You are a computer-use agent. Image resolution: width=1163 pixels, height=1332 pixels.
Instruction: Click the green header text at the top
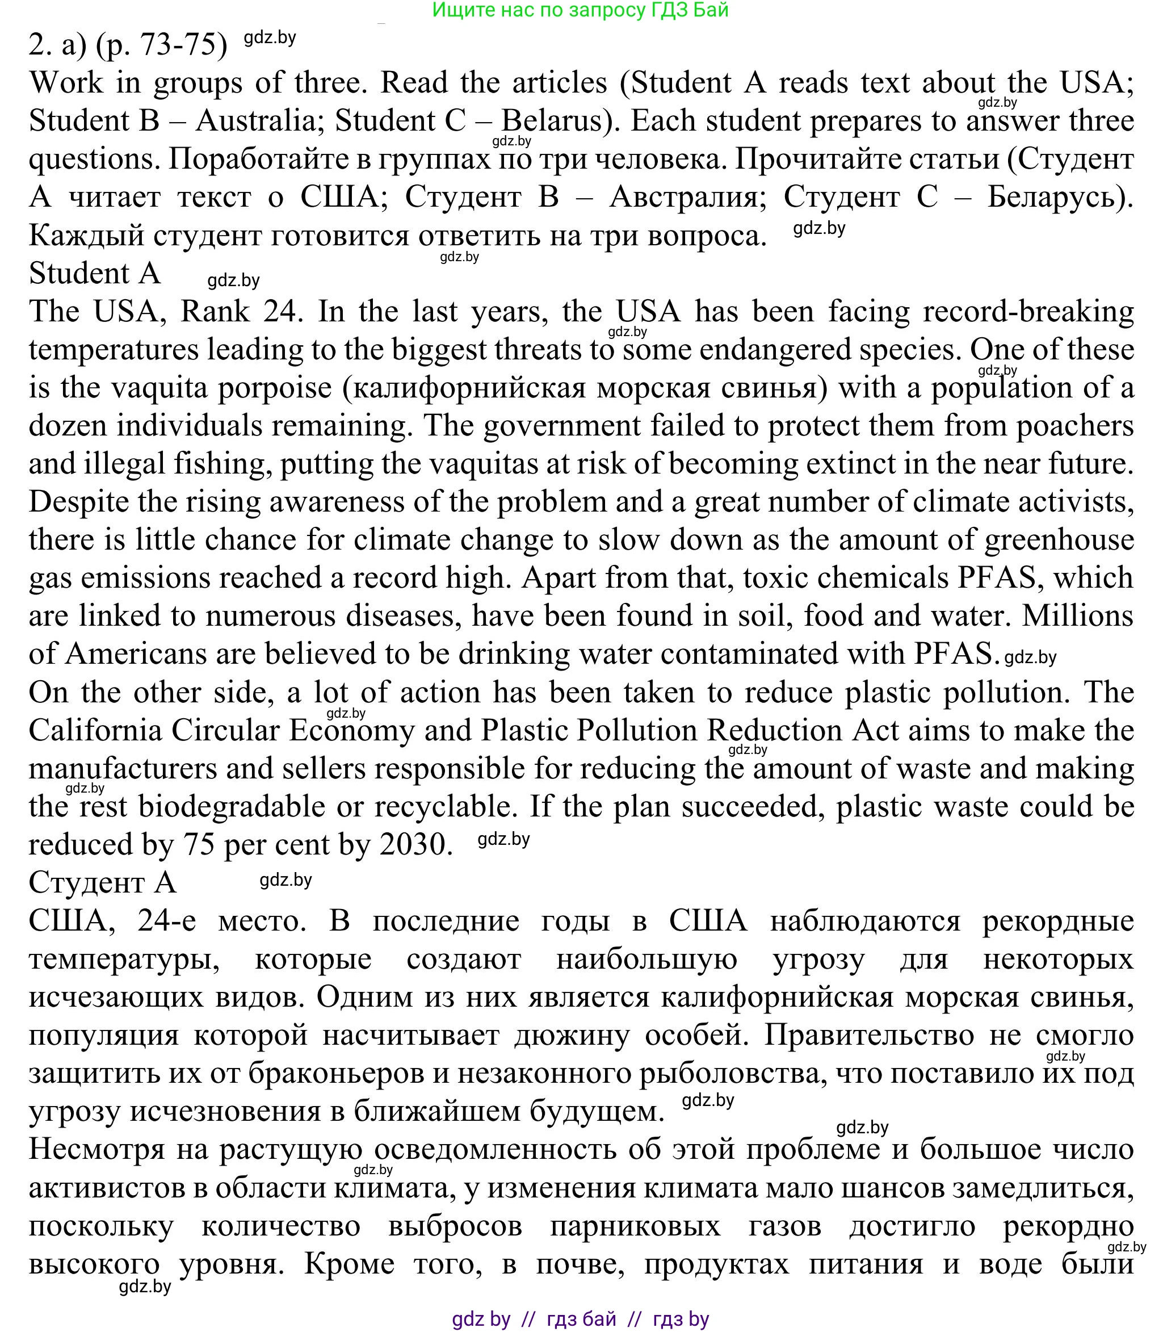[x=580, y=10]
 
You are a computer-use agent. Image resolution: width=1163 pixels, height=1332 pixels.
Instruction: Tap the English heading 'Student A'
[x=95, y=273]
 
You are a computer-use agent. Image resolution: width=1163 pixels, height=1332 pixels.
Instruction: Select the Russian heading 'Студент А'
[x=103, y=882]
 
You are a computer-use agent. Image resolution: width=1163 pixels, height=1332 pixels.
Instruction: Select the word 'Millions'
[x=1077, y=616]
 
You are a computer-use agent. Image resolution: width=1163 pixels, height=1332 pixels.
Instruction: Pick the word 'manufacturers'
[x=123, y=769]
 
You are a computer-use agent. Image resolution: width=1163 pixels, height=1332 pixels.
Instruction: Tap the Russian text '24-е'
[x=166, y=920]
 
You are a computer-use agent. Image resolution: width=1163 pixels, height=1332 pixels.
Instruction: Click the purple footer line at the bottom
[x=580, y=1319]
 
